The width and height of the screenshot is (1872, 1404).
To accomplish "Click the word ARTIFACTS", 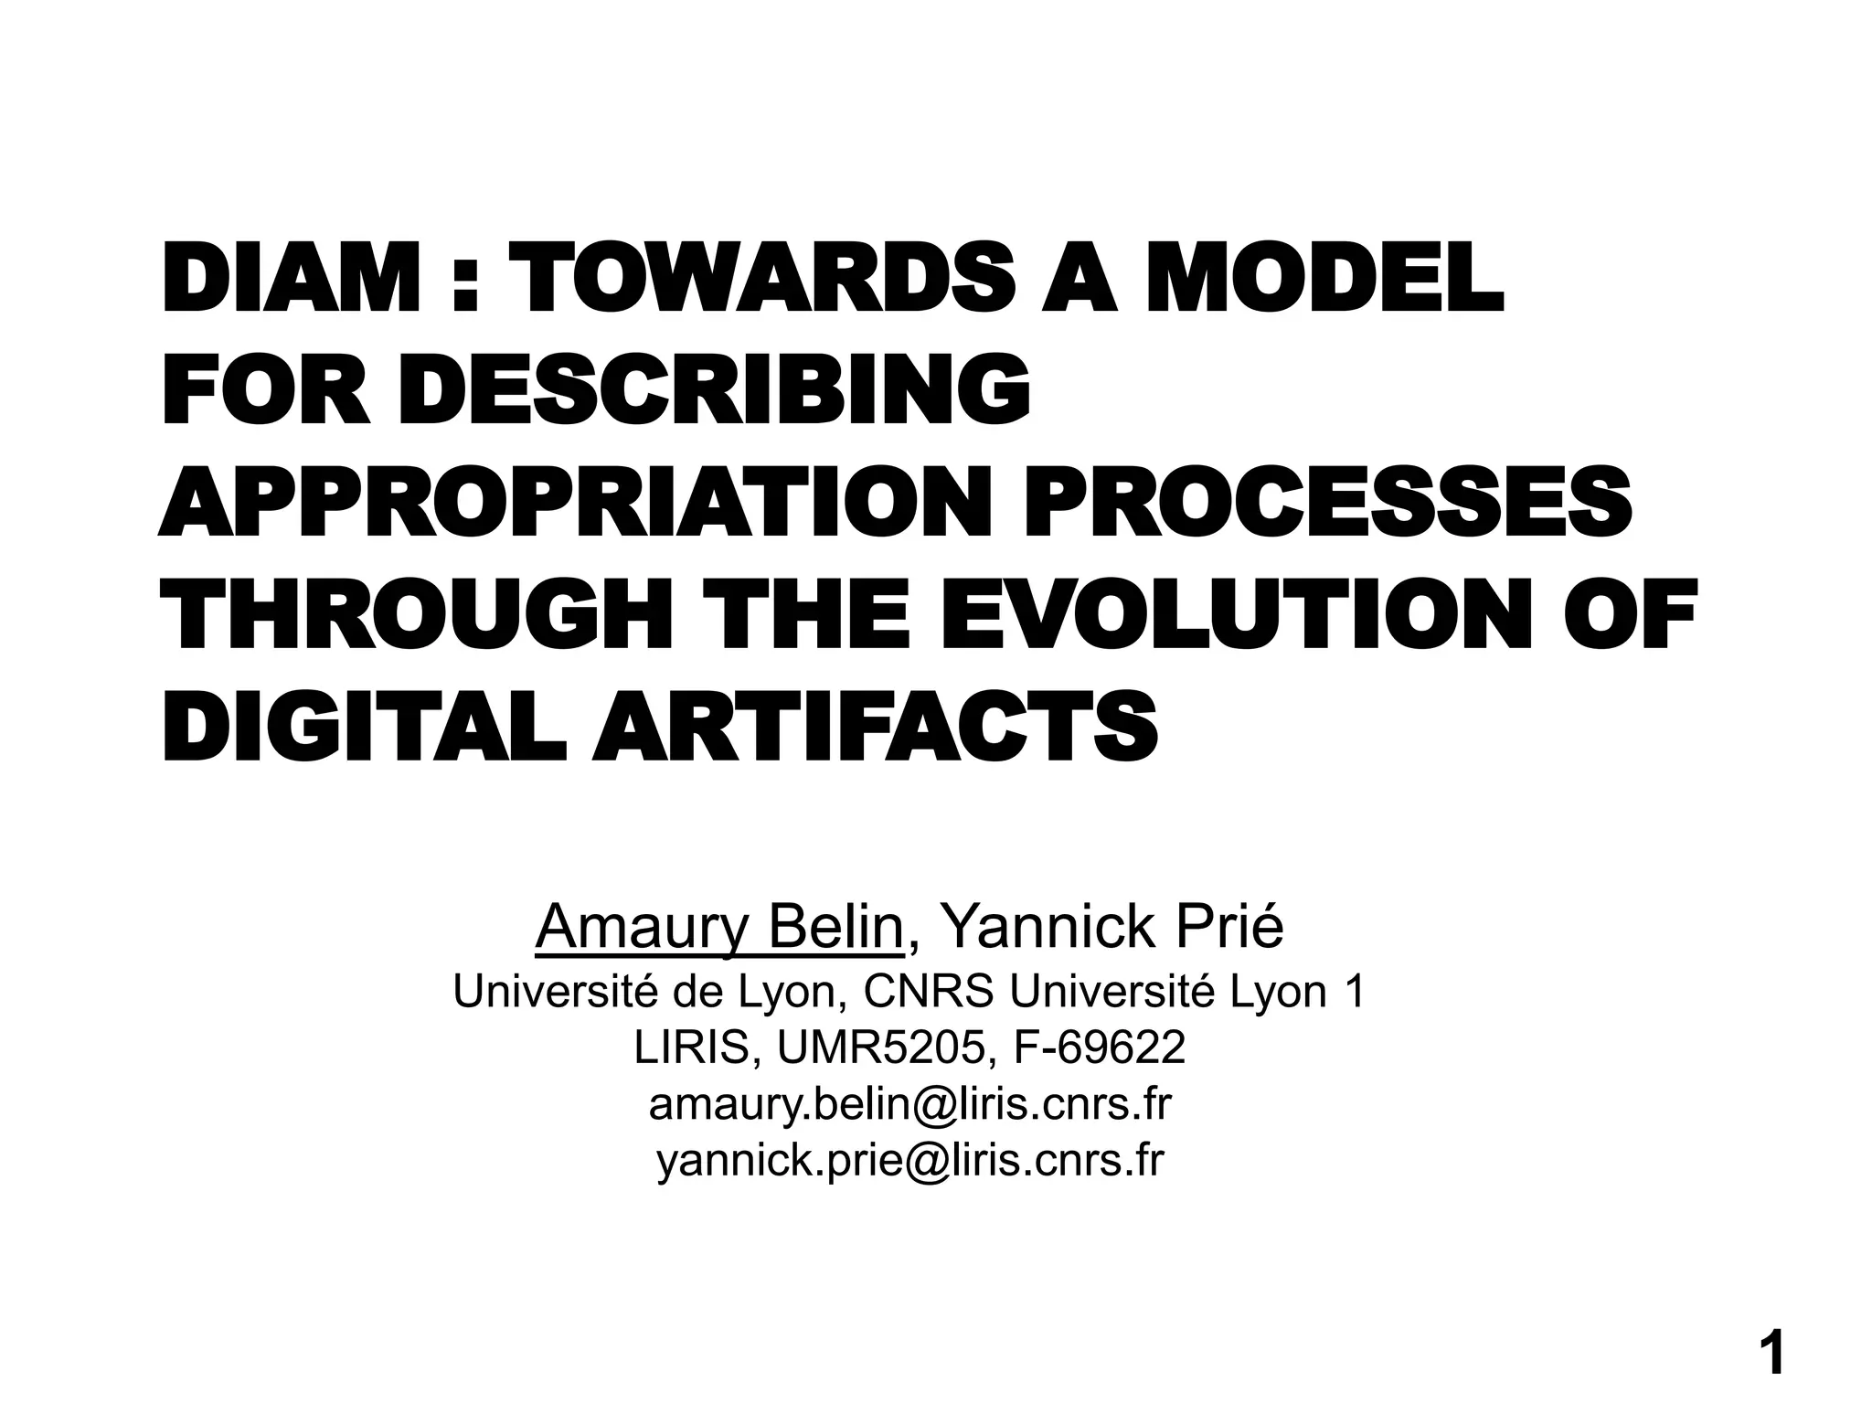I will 875,729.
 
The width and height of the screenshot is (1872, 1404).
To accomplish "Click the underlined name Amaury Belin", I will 719,927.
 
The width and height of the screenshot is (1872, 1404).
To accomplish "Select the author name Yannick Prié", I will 1112,927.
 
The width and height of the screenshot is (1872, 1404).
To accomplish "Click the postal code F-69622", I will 1099,1048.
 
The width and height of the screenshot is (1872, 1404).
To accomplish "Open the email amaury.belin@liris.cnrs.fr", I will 909,1104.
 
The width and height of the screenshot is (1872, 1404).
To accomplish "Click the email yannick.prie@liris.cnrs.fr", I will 909,1160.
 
